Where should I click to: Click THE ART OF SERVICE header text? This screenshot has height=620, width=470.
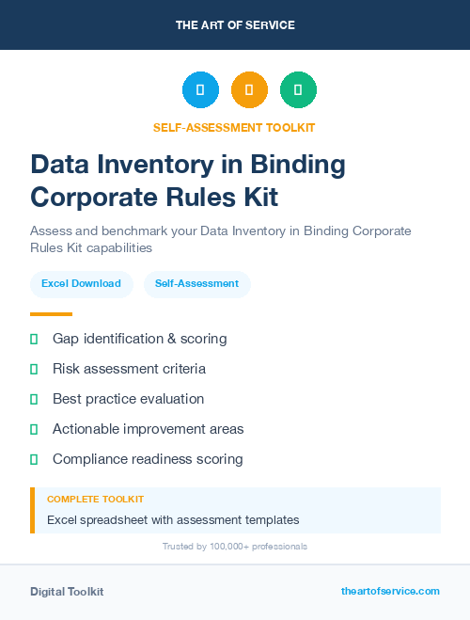click(235, 25)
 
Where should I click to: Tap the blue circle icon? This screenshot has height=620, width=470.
click(200, 90)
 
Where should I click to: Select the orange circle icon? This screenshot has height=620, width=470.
click(249, 90)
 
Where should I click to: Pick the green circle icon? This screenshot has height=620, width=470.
click(298, 90)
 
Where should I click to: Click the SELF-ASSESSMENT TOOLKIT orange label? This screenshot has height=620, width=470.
click(235, 128)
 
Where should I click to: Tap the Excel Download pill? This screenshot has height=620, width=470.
click(81, 283)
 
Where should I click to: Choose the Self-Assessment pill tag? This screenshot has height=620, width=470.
click(196, 283)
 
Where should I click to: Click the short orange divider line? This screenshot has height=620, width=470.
click(51, 314)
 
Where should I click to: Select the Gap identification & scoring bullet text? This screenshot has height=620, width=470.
click(139, 339)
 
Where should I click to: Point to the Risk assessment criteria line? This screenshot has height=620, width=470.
click(129, 369)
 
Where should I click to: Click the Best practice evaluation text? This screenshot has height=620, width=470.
click(128, 399)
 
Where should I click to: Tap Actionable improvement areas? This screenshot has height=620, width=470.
click(148, 429)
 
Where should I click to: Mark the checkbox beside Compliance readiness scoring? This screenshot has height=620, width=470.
click(34, 459)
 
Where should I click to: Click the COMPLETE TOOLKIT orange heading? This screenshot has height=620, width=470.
click(95, 500)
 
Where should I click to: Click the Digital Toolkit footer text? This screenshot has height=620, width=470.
click(67, 592)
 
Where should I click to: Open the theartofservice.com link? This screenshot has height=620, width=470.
click(390, 591)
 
